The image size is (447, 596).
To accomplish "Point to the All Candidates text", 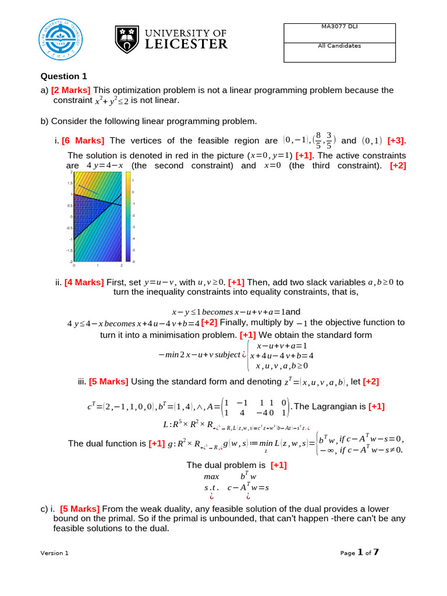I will click(341, 45).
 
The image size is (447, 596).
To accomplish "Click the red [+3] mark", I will click(397, 141).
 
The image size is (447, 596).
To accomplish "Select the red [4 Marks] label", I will click(84, 282).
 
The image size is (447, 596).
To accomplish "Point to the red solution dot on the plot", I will click(74, 194).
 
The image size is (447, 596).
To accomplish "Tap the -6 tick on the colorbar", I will click(133, 261).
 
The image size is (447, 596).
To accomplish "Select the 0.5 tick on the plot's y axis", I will click(69, 205).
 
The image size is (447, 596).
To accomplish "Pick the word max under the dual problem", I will click(211, 477).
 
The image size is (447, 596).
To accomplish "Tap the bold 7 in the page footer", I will click(376, 552).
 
